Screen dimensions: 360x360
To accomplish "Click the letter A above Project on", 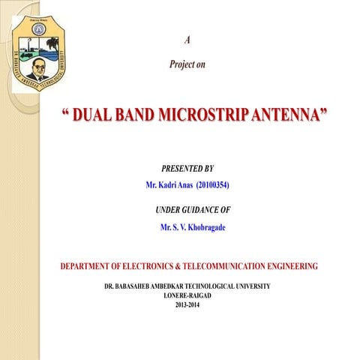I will coord(187,39).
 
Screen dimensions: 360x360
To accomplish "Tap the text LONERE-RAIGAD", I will coord(187,295).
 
